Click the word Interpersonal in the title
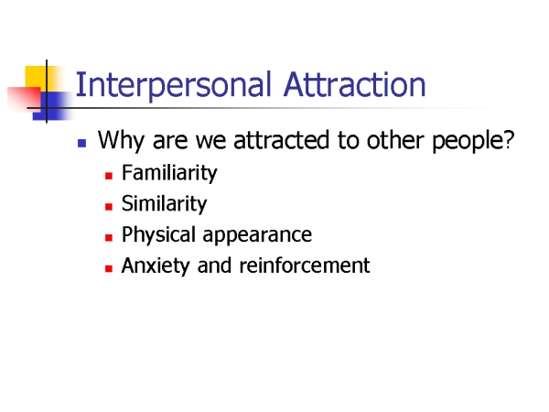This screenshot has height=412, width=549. click(x=173, y=86)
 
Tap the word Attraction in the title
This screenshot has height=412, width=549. click(x=355, y=84)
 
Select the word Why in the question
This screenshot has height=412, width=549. click(x=121, y=141)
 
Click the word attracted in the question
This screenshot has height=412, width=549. click(x=281, y=140)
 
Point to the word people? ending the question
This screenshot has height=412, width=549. click(x=473, y=141)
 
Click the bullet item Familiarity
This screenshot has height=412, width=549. click(x=169, y=173)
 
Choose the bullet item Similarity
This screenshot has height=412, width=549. click(x=164, y=204)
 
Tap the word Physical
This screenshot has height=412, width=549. click(x=158, y=235)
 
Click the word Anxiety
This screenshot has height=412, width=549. click(x=156, y=266)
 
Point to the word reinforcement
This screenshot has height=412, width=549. click(x=305, y=266)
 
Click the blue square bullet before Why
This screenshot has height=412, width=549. click(x=82, y=143)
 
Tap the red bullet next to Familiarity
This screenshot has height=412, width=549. click(x=109, y=176)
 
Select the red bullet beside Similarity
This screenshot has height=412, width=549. click(x=109, y=206)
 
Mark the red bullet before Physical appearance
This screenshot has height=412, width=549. click(x=109, y=237)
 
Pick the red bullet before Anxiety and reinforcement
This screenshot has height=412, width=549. click(x=109, y=268)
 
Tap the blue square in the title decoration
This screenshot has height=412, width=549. click(x=52, y=106)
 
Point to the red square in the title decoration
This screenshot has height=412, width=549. click(x=24, y=99)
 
